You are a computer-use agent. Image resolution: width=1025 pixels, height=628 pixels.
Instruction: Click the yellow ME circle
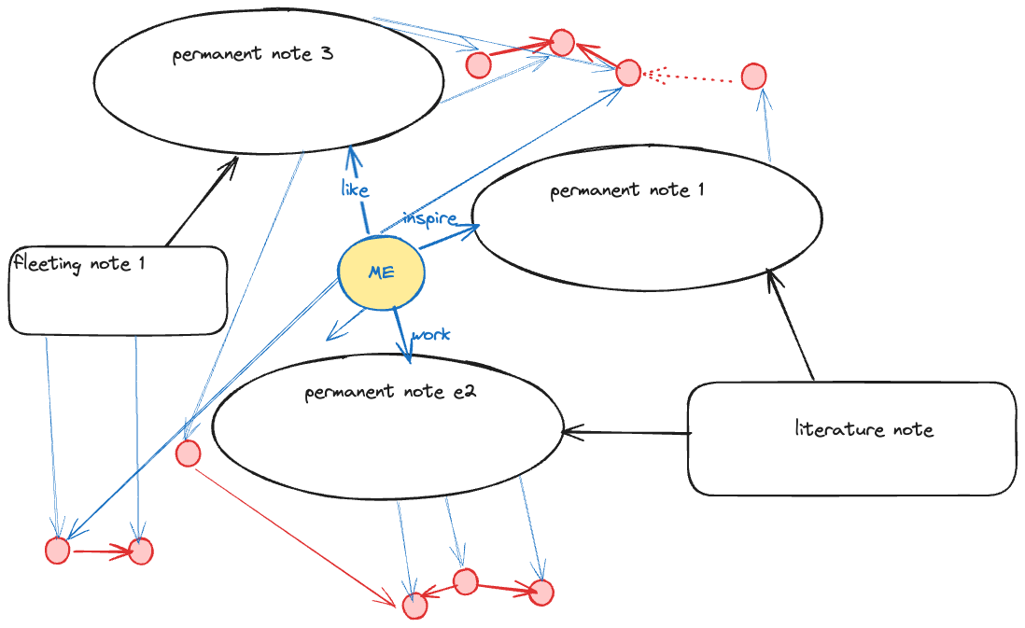coord(381,272)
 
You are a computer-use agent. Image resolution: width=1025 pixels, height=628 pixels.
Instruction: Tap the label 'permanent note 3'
coord(252,53)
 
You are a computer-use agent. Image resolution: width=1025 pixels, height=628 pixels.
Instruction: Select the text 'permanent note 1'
coord(627,190)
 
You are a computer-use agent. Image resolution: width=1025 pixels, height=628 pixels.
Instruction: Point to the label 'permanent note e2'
coord(390,392)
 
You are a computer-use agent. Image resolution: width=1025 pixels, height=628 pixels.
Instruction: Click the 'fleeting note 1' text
coord(79,263)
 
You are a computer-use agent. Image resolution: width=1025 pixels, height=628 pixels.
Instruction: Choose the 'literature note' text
coord(864,428)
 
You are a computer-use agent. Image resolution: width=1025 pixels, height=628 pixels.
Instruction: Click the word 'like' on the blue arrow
coord(355,189)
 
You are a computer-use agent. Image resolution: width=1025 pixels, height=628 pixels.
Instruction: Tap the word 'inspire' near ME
coord(429,218)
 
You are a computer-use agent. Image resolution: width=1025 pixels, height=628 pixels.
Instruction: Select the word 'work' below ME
coord(430,335)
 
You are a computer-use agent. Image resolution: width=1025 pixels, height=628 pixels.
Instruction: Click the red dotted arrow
coord(687,77)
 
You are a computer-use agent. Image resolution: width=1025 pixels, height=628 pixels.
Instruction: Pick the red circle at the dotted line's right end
coord(753,77)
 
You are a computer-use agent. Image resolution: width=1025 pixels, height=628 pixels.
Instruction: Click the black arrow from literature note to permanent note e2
coord(627,433)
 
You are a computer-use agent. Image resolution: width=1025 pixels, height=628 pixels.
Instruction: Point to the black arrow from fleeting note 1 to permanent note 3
coord(202,202)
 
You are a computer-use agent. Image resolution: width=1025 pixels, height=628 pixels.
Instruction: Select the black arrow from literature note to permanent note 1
coord(791,325)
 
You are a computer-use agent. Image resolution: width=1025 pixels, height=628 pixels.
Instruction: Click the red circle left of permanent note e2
coord(189,453)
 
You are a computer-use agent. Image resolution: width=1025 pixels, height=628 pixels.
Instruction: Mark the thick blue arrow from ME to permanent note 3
coord(358,188)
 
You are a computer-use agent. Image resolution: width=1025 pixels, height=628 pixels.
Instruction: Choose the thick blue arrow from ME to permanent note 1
coord(450,237)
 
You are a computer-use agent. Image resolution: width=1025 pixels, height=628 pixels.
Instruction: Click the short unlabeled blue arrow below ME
coord(345,325)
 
